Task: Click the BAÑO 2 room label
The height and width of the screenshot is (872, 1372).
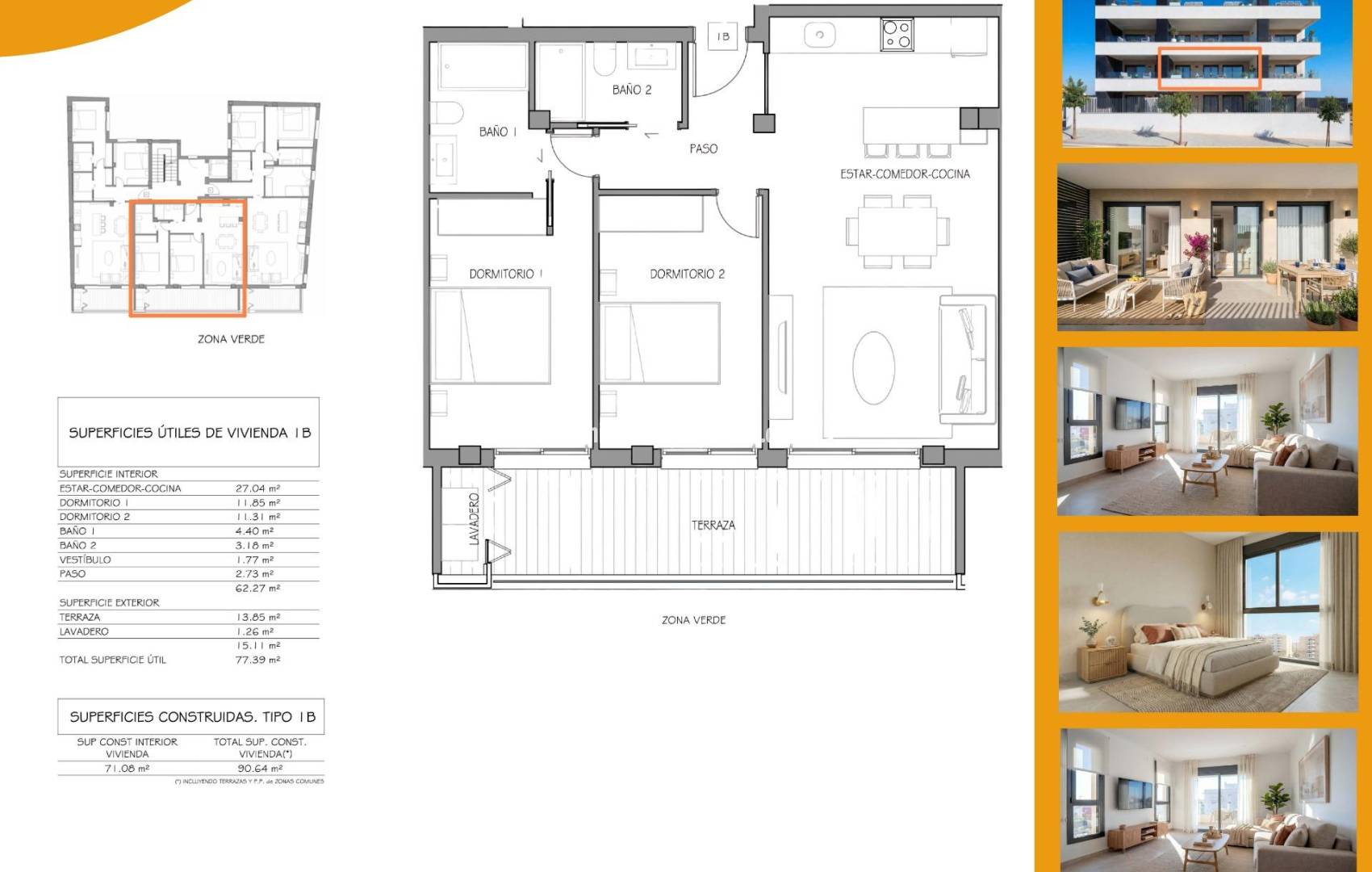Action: tap(631, 90)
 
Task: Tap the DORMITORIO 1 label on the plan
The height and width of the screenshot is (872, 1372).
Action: tap(506, 274)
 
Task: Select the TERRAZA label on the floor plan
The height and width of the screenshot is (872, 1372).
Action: tap(713, 525)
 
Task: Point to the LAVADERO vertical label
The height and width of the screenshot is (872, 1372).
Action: tap(474, 519)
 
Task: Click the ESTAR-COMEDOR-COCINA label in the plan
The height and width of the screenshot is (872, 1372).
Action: tap(905, 174)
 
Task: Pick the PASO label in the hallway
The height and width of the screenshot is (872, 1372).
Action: tap(703, 149)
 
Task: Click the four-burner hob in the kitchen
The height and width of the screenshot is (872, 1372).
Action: tap(897, 35)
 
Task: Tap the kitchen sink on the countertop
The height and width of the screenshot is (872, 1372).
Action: tap(819, 35)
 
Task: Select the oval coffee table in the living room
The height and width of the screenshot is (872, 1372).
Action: tap(873, 368)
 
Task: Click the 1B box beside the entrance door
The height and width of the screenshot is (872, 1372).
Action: tap(723, 36)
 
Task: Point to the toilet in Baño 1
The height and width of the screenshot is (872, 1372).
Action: tap(446, 113)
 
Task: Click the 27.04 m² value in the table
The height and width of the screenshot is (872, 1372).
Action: tap(258, 488)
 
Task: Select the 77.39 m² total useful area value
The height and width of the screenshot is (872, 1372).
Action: tap(258, 660)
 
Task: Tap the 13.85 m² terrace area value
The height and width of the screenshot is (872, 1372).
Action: tap(258, 617)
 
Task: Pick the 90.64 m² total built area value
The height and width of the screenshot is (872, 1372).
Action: tap(261, 769)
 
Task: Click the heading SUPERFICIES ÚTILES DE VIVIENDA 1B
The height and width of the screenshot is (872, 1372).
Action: tap(190, 433)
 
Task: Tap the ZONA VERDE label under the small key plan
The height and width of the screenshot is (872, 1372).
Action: tap(231, 339)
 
